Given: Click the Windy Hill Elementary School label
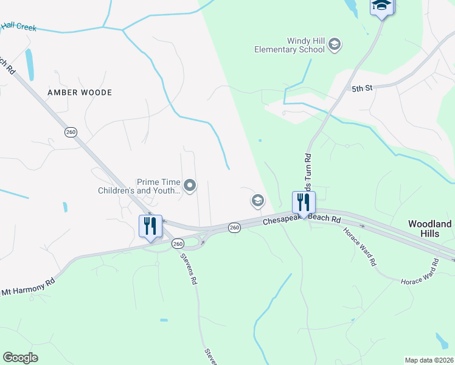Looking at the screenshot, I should (290, 44).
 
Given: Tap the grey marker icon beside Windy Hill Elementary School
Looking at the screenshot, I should (335, 44).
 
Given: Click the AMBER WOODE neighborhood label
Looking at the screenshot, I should (80, 92).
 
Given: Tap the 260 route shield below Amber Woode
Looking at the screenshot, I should (71, 132).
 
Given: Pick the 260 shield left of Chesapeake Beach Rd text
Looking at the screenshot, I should (235, 228).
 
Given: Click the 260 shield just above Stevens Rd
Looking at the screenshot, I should (177, 243).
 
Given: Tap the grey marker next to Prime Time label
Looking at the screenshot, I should (190, 186).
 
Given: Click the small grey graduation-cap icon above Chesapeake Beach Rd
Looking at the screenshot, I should (258, 200).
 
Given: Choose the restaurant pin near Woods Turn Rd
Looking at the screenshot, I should (304, 203).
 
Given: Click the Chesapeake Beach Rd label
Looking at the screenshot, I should (302, 219).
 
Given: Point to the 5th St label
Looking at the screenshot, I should (361, 89).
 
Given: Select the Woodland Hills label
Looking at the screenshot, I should (429, 229).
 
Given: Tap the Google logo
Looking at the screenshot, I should (20, 358).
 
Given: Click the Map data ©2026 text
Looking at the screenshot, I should (428, 360).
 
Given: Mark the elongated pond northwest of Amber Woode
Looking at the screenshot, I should (29, 64).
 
